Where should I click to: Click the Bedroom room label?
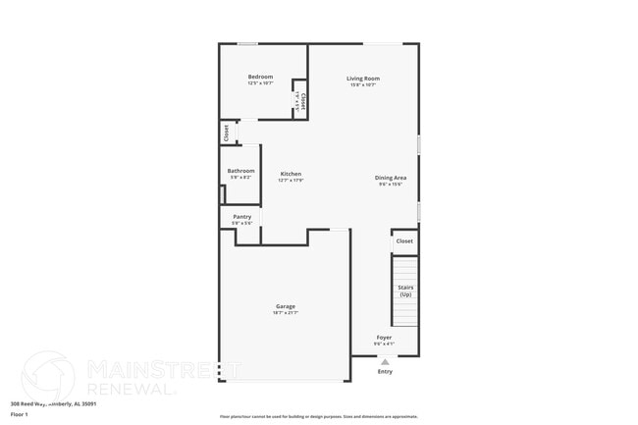click(x=260, y=78)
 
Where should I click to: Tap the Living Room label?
click(x=363, y=79)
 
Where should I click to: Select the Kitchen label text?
click(x=291, y=174)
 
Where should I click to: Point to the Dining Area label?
click(x=391, y=178)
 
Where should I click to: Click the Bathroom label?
click(x=240, y=171)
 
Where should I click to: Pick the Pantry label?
click(x=241, y=217)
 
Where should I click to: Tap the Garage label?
click(x=286, y=306)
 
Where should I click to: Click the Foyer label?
click(x=384, y=337)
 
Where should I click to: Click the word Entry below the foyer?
click(x=385, y=371)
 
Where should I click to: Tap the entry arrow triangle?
click(x=384, y=360)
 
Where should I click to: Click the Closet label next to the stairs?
click(x=404, y=240)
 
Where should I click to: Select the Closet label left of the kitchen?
click(x=227, y=133)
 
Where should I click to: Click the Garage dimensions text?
click(x=286, y=313)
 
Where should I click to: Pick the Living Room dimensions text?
click(x=363, y=85)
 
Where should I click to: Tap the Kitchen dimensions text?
click(x=291, y=181)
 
